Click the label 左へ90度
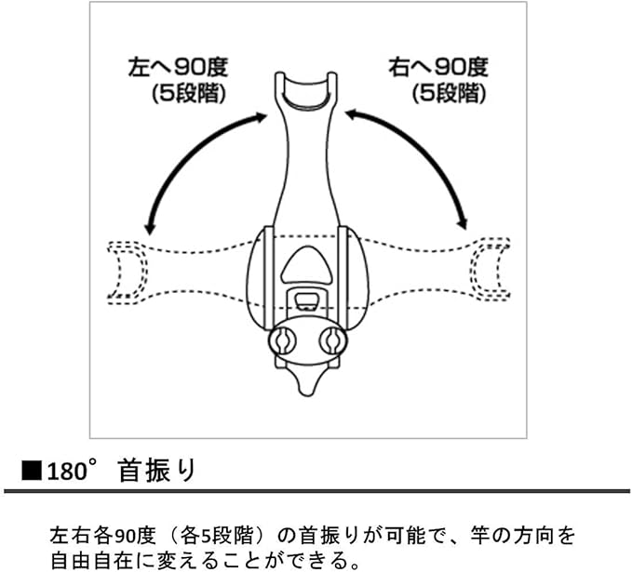pyautogui.click(x=176, y=68)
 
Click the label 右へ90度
pyautogui.click(x=437, y=68)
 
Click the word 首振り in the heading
pyautogui.click(x=158, y=470)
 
